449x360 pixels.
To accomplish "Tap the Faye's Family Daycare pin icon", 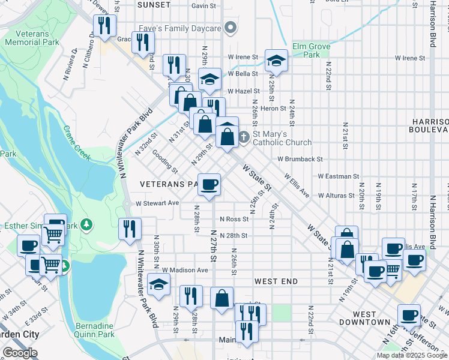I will point(229,28).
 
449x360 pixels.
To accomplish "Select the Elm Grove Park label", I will point(315,50).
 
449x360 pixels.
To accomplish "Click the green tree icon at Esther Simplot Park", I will point(88,224).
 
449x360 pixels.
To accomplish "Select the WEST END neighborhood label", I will point(276,281).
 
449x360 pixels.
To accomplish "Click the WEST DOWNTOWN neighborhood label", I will point(372,318).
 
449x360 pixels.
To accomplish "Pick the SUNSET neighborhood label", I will point(154,4).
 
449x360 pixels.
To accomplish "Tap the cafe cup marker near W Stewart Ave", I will point(209,184).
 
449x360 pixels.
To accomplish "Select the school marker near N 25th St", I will point(276,60).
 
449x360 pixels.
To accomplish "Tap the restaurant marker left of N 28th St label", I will point(130,229).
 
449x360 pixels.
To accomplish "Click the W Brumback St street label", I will point(300,160).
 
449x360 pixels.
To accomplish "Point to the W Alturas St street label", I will point(338,196).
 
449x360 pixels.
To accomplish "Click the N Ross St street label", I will point(234,219).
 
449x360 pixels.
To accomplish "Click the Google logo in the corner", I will point(20,353).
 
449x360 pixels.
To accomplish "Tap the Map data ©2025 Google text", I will point(412,355).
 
